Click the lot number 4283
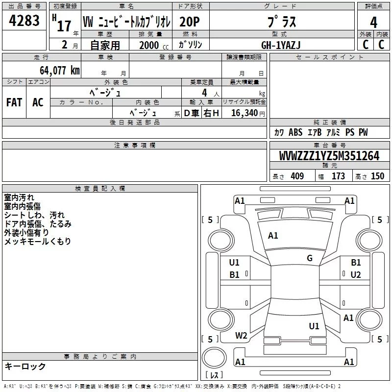coord(24,21)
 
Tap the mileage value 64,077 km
coord(60,71)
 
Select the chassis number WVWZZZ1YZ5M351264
coord(329,156)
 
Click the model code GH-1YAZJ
coord(281,45)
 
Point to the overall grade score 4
coord(373,23)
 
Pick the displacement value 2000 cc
coord(154,45)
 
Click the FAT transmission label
coord(14,102)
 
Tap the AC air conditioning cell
coord(38,102)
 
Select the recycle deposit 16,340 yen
coord(248,113)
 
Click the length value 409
coord(297,176)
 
